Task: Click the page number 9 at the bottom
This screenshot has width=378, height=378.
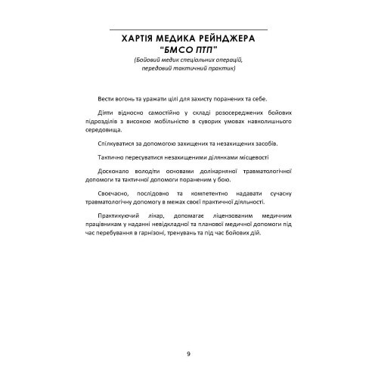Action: [188, 352]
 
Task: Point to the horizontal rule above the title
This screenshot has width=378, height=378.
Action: [188, 29]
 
